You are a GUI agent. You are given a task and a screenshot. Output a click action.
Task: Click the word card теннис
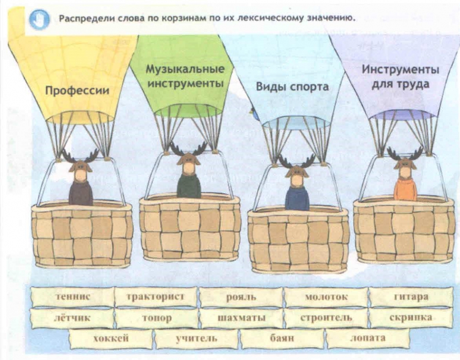coord(72,297)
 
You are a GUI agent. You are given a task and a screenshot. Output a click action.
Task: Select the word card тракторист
coord(156,297)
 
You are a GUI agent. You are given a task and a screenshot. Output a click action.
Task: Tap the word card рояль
coord(241,297)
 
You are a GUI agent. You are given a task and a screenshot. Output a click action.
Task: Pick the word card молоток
coord(326,297)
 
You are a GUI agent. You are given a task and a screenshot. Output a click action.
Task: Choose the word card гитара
coord(411,297)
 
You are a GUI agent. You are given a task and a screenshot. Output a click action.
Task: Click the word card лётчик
coord(72,318)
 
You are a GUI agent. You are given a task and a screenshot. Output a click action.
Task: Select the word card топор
coord(156,318)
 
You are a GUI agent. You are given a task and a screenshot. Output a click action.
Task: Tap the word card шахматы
coord(242,318)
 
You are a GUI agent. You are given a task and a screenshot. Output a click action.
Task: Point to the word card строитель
coord(326,318)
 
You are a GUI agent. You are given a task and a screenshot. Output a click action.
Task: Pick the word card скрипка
coord(411,318)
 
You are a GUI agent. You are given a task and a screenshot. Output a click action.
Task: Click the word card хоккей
coord(111,339)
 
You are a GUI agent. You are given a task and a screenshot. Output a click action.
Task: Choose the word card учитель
coord(196,339)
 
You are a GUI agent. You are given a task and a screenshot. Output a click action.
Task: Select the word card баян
coord(282,339)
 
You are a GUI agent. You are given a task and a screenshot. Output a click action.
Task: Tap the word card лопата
coord(367,339)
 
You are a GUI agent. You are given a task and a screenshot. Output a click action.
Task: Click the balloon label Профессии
coord(77,90)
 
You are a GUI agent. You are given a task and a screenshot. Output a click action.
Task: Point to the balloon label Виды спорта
coord(292,87)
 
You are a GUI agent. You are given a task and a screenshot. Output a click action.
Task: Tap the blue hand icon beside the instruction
coord(39,20)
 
